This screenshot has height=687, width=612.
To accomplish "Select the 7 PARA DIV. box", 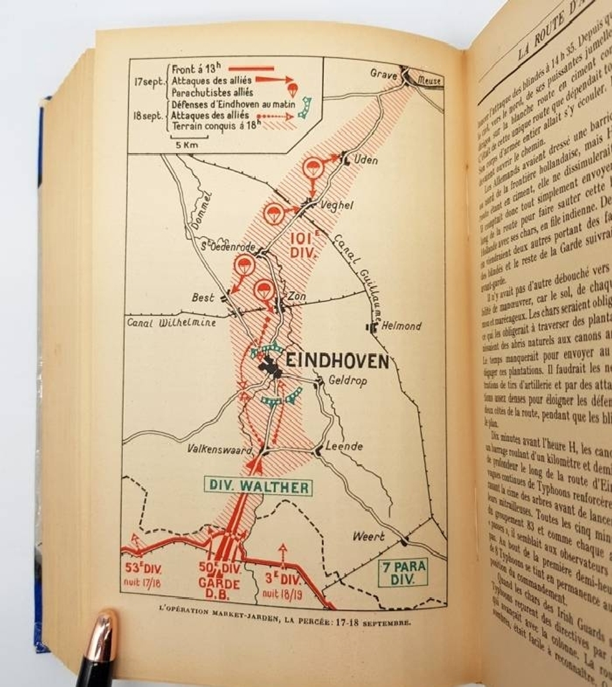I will click(402, 573).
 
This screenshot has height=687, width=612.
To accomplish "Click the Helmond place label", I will click(401, 326).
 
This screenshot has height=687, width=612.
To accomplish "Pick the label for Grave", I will click(384, 73).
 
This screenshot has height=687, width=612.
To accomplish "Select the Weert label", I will click(368, 537).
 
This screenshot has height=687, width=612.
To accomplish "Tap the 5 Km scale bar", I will click(186, 138).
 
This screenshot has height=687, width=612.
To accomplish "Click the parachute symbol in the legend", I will click(293, 91).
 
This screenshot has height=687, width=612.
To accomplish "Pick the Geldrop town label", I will click(348, 381).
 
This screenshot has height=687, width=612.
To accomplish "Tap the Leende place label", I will click(344, 446).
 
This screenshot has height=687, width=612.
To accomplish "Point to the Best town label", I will click(203, 298).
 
